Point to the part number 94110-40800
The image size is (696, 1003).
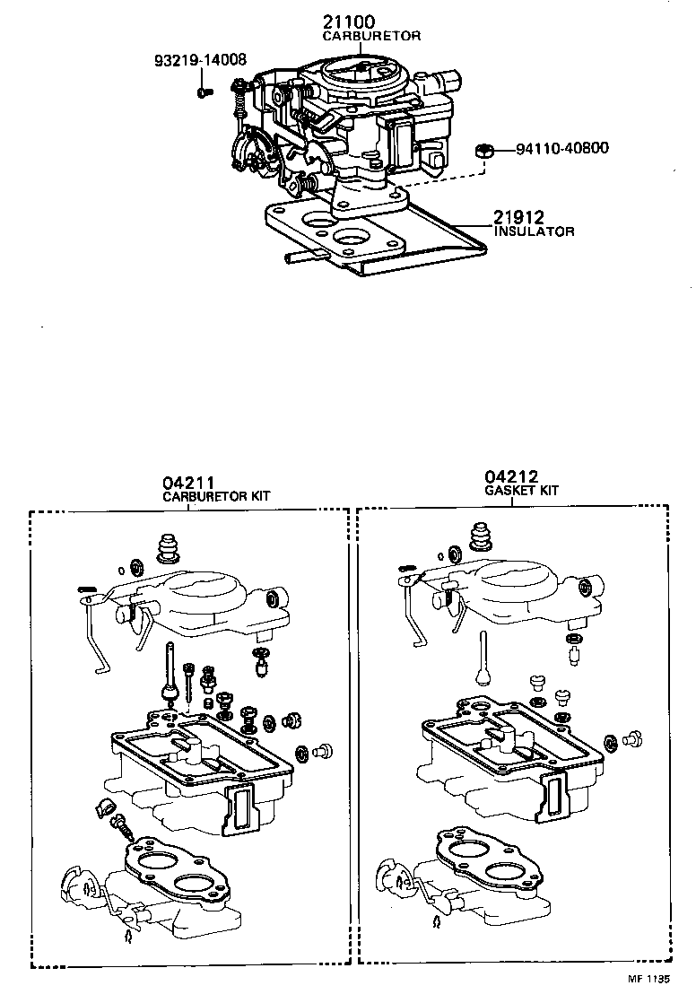tap(561, 148)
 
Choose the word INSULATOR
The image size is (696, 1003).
tap(534, 231)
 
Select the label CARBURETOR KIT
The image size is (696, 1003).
tap(216, 496)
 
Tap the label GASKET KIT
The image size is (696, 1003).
tap(521, 491)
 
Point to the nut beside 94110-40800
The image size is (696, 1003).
tap(483, 150)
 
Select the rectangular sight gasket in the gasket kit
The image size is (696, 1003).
tap(557, 796)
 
